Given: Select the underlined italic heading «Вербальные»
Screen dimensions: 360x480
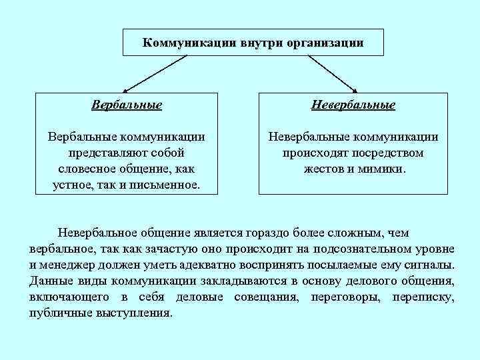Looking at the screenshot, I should click(x=127, y=105).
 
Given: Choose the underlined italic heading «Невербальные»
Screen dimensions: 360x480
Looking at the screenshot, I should click(x=353, y=105).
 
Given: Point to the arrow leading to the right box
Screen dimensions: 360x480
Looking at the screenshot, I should click(x=327, y=73).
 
